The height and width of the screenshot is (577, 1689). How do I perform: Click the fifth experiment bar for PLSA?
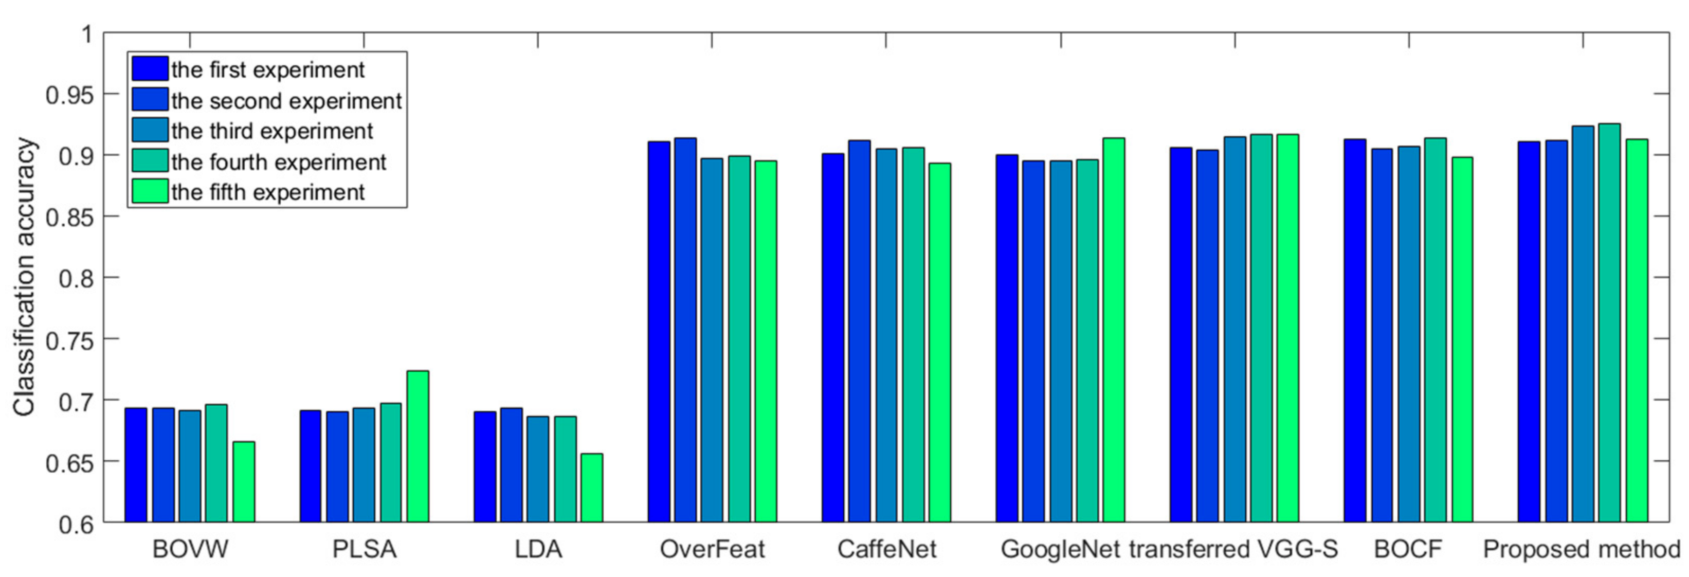click(x=417, y=446)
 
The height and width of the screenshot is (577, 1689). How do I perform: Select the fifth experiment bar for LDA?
click(x=591, y=488)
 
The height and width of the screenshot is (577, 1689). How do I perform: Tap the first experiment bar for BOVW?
click(x=136, y=465)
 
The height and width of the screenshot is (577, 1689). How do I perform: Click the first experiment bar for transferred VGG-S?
click(x=1181, y=334)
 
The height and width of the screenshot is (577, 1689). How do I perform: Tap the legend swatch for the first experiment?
click(x=150, y=69)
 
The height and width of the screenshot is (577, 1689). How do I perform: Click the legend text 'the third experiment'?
click(x=271, y=131)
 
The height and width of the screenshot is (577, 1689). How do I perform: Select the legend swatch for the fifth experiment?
click(x=150, y=192)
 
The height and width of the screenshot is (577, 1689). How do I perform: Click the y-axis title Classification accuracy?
click(x=24, y=277)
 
